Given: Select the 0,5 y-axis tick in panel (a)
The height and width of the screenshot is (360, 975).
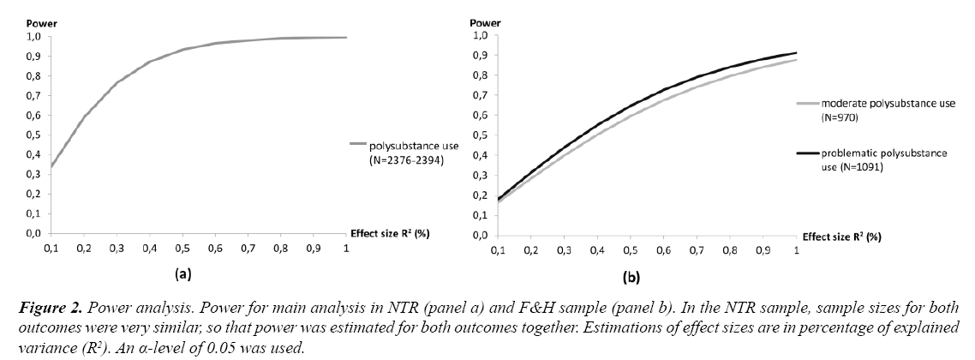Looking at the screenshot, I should [x=31, y=135].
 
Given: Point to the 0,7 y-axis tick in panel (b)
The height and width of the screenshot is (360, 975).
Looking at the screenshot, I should [x=479, y=95].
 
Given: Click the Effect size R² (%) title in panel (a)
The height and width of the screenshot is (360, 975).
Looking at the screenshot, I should [x=387, y=234].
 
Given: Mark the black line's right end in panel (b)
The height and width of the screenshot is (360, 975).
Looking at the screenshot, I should [x=796, y=52].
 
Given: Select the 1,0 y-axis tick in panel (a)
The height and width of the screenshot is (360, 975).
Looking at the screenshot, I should [x=31, y=37].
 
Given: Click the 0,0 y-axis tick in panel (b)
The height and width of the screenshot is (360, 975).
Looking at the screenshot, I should [x=479, y=234].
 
